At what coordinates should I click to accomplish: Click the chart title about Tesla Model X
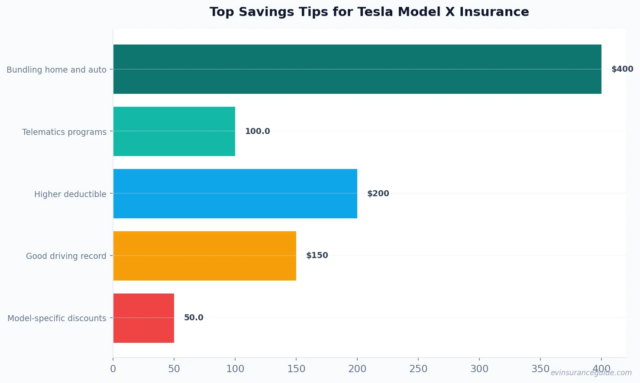369,12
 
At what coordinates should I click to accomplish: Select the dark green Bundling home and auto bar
357,69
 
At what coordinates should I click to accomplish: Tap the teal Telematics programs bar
174,131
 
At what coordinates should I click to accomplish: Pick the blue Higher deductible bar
235,194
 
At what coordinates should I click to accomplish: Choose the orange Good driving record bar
205,256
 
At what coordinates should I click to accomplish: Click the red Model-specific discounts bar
144,318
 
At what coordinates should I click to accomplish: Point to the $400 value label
622,69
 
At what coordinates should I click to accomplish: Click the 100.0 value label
257,131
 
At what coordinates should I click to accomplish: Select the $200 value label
378,194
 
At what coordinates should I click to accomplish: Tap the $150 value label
317,255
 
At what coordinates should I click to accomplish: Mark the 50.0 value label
194,318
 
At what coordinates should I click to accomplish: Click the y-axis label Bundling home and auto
56,70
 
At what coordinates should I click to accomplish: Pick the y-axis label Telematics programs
64,132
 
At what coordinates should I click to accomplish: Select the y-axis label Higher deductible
70,194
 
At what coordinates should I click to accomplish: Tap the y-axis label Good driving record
66,256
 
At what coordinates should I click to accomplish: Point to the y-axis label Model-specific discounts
57,318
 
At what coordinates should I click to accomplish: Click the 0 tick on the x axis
113,369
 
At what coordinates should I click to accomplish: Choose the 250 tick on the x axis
418,369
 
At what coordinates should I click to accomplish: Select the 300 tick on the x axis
479,369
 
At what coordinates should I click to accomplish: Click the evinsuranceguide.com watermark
591,373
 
